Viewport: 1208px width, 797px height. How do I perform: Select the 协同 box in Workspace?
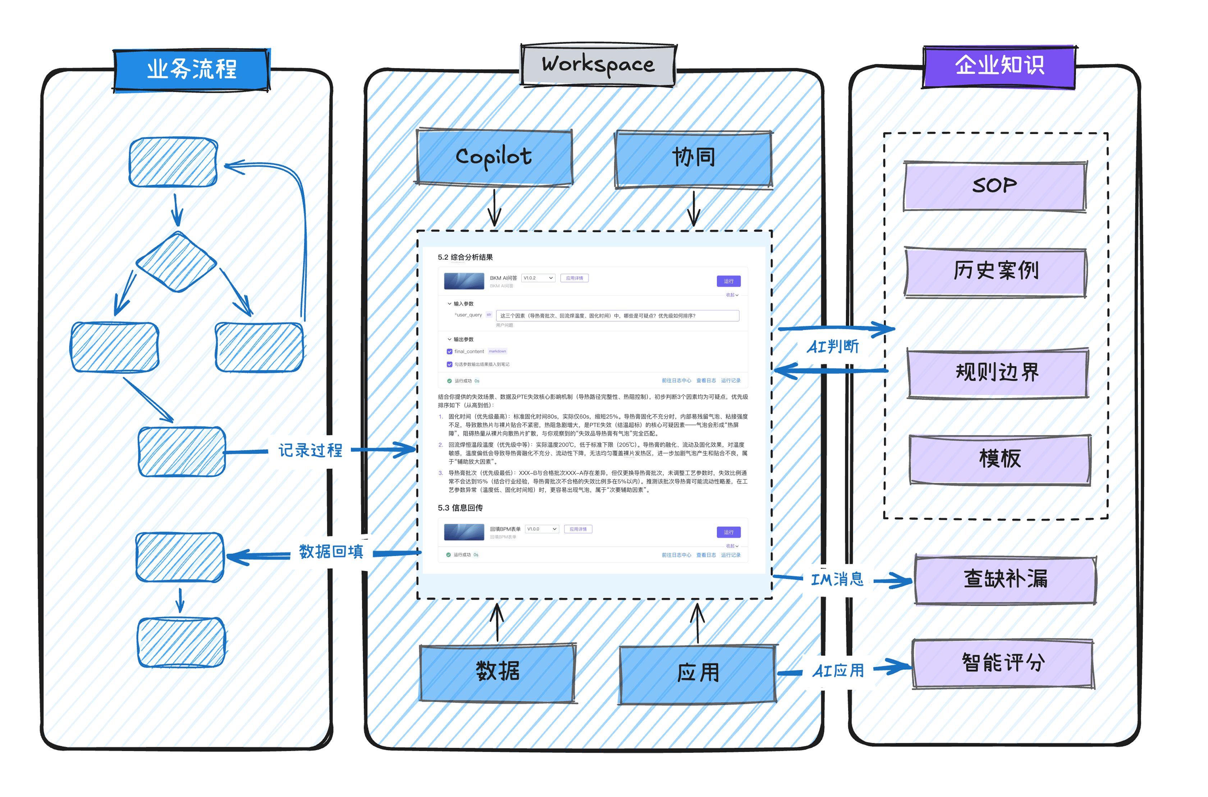(694, 159)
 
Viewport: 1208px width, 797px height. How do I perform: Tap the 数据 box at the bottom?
(498, 673)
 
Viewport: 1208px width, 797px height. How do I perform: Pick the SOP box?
(994, 186)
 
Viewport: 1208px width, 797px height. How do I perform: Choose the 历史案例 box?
(996, 272)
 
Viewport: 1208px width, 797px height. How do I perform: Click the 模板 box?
(999, 459)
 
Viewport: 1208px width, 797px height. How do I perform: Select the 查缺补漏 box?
(1005, 580)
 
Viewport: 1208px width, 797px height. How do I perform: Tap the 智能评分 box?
(1003, 663)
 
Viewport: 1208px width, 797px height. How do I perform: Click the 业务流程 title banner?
(192, 70)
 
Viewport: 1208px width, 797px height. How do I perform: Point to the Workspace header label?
(598, 65)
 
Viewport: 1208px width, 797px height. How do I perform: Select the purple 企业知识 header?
(999, 66)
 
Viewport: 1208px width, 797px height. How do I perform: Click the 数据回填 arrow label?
(331, 552)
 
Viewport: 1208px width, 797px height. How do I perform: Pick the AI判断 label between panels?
(833, 347)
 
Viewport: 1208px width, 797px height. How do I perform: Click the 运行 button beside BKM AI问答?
(728, 281)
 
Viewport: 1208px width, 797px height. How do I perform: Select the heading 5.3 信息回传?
(460, 508)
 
